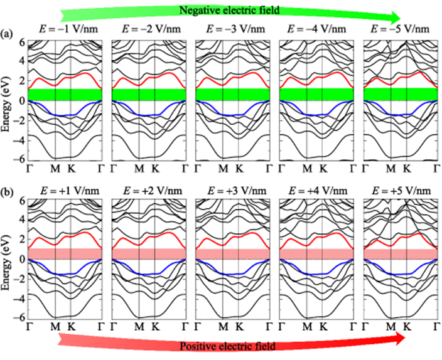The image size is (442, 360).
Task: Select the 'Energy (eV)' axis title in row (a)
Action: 8,100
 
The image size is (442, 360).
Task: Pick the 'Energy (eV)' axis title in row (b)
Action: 8,259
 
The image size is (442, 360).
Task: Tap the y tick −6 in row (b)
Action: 19,319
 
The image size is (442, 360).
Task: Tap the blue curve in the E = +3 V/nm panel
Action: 232,273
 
